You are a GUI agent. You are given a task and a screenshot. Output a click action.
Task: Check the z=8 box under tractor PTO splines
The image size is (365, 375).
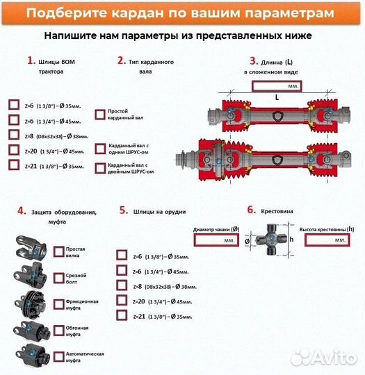point(14,135)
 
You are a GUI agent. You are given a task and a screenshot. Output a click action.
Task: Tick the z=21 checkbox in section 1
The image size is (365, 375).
point(14,165)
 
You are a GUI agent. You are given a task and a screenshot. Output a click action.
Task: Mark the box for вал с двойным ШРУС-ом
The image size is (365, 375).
point(99,167)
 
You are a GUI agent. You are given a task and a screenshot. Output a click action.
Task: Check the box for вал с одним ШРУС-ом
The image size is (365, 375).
point(99,148)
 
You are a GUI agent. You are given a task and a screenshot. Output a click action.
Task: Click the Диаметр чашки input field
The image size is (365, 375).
point(216,240)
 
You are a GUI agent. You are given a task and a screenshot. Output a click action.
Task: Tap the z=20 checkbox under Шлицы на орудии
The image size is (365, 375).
point(122,301)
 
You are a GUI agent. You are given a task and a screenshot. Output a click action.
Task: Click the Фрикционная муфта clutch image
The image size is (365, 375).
point(33,303)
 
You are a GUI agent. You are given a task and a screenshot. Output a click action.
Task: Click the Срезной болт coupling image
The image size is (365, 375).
point(33,276)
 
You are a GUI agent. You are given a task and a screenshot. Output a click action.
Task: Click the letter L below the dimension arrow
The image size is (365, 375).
point(277,98)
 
